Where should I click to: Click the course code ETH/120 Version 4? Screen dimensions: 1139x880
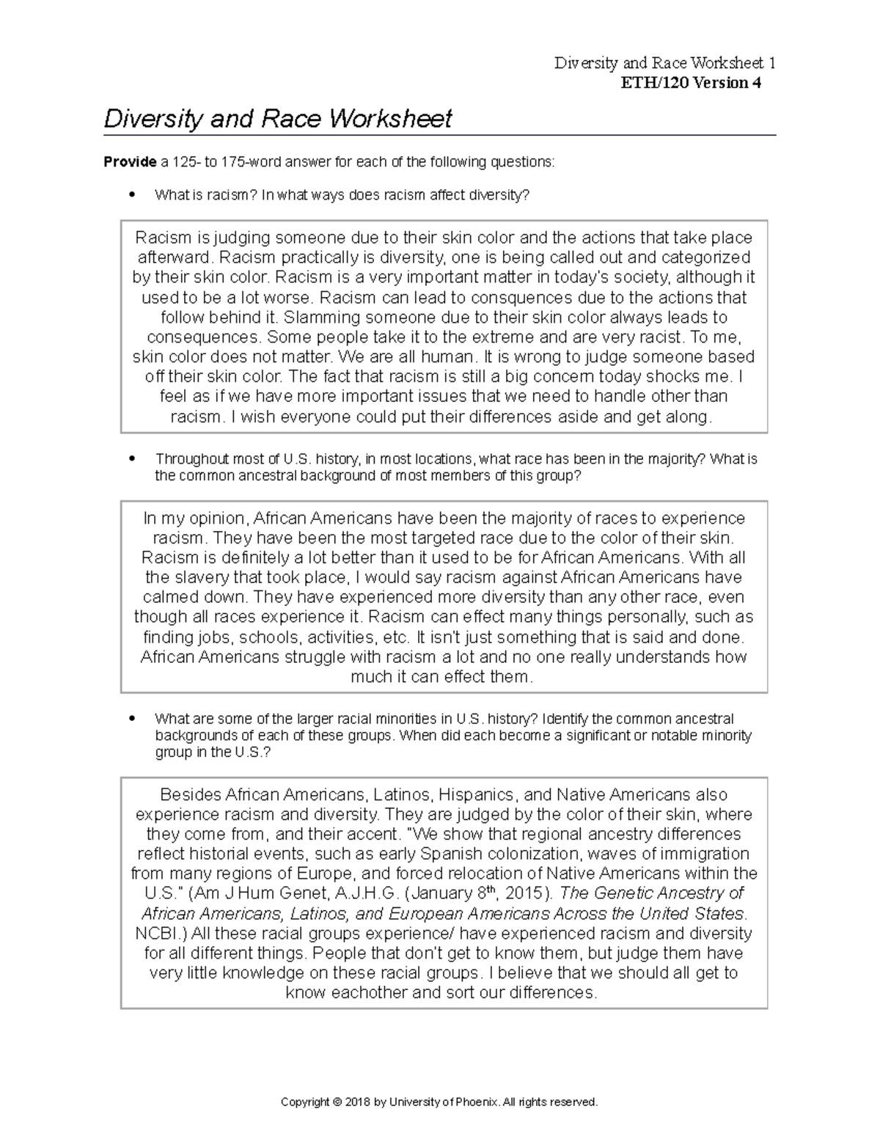pos(691,83)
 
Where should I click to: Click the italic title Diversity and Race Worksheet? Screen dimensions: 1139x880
pos(278,119)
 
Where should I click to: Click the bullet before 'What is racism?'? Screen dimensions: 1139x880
pos(132,195)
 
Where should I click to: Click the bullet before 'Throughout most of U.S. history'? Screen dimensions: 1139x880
pos(132,459)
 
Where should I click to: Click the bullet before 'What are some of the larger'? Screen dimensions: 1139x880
pos(132,719)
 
